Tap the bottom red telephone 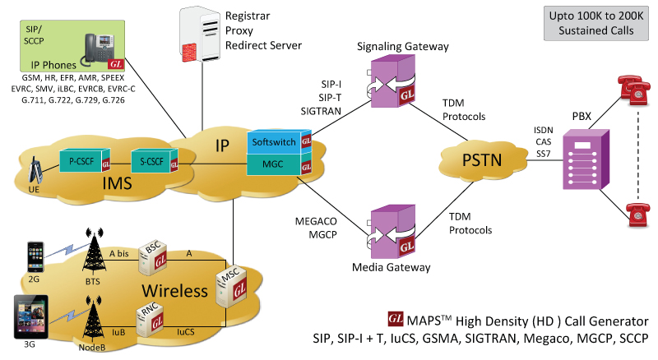click(x=636, y=215)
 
